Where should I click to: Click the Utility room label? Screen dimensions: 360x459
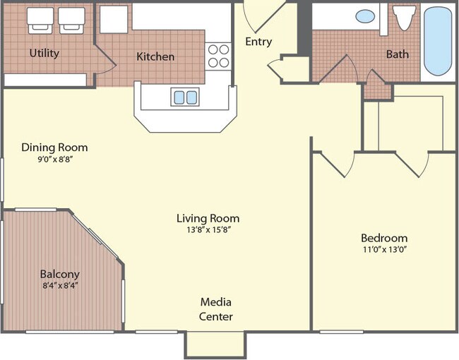point(44,53)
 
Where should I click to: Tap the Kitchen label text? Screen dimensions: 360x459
point(155,56)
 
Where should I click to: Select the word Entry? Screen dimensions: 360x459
point(258,42)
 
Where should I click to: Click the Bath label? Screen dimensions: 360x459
point(397,54)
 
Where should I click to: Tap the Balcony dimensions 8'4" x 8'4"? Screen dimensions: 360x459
point(59,286)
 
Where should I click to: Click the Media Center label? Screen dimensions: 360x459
point(215,309)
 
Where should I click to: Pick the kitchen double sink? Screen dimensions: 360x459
point(184,97)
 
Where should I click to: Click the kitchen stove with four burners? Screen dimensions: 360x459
point(218,56)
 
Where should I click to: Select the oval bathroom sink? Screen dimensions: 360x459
point(365,16)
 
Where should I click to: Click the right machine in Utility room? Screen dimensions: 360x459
point(71,19)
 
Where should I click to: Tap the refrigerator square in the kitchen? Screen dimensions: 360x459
point(113,20)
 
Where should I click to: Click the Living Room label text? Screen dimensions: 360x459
point(208,218)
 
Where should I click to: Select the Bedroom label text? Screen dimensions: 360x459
point(383,238)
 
